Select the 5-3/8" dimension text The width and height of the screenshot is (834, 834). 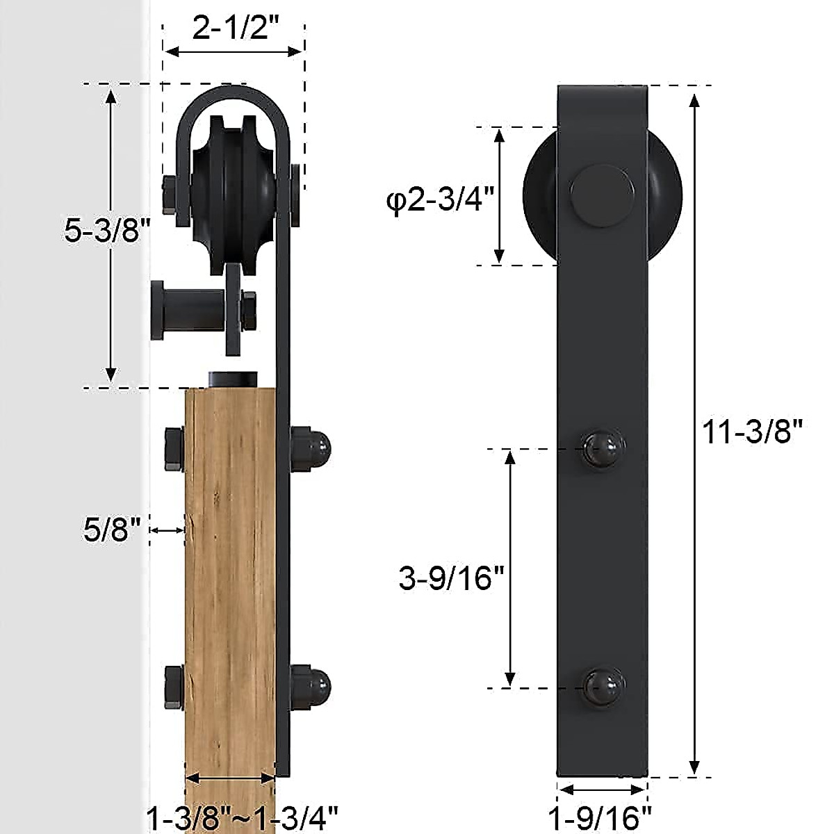click(x=108, y=230)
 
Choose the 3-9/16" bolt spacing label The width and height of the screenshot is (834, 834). click(x=451, y=578)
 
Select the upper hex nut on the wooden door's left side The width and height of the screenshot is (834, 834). click(x=174, y=450)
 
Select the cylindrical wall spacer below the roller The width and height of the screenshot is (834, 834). click(x=184, y=310)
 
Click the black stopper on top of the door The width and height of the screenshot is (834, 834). click(x=233, y=379)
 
